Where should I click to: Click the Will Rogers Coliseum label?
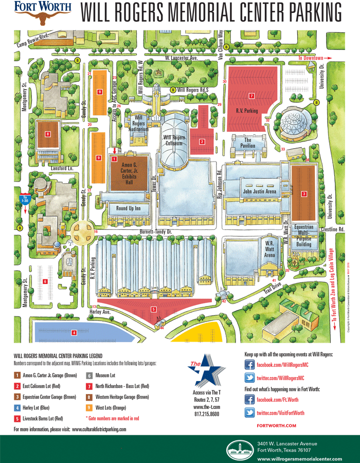174,141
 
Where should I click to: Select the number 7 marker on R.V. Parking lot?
251,96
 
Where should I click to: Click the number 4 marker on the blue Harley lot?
74,318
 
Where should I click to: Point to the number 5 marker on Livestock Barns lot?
153,309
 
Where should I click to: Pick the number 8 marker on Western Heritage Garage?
47,134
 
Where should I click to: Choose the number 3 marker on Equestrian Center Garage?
304,193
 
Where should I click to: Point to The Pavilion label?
248,143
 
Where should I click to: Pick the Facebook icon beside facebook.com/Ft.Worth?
249,400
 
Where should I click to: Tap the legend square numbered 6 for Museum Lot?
88,376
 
